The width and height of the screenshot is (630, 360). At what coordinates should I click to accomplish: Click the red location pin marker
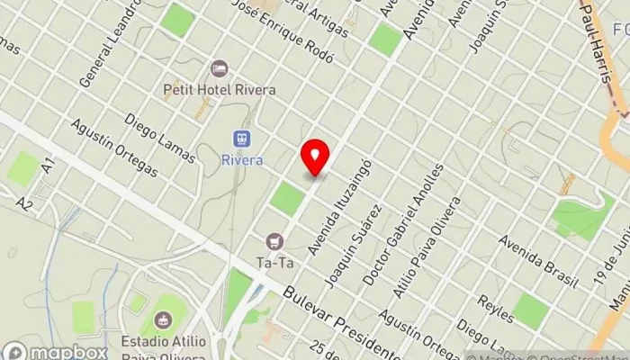pyautogui.click(x=315, y=158)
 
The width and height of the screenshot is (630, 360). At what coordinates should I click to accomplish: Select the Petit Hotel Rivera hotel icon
pyautogui.click(x=219, y=68)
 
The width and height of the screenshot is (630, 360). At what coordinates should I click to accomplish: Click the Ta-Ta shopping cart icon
pyautogui.click(x=274, y=241)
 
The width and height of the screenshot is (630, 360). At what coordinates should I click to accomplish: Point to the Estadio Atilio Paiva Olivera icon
pyautogui.click(x=163, y=319)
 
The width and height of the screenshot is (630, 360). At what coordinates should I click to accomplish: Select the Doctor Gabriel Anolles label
pyautogui.click(x=402, y=225)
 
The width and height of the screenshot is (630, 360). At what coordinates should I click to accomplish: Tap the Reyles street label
pyautogui.click(x=496, y=309)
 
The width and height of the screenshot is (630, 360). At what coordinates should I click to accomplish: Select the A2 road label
pyautogui.click(x=24, y=205)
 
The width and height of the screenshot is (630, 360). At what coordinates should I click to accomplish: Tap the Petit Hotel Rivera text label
pyautogui.click(x=219, y=89)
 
